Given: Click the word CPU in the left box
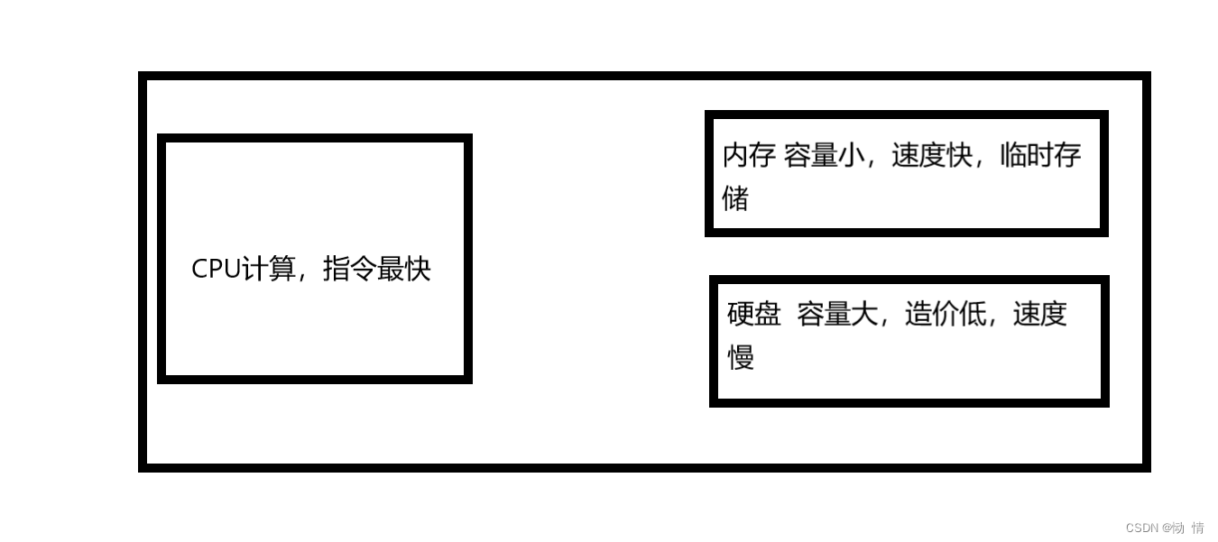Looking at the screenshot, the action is pos(217,269).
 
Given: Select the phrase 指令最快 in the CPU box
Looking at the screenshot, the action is pos(377,269).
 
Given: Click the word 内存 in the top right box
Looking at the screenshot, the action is pos(750,155).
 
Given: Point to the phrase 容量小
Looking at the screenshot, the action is pos(824,155).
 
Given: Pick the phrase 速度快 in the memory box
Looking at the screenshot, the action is pos(932,155).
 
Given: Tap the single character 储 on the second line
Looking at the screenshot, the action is pos(736,198).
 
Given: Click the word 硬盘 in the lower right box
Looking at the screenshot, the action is pos(754,314).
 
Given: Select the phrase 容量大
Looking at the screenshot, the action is pos(837,314).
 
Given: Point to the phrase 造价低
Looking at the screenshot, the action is pos(946,314).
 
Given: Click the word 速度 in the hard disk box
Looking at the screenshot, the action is pos(1040,314).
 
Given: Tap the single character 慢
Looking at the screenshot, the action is pos(741,357).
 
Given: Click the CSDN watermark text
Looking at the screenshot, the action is pos(1164,528).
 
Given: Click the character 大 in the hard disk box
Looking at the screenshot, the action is pos(864,314).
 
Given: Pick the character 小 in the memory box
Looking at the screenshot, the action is pos(851,155).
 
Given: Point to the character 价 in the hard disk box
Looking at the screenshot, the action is pos(946,314).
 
